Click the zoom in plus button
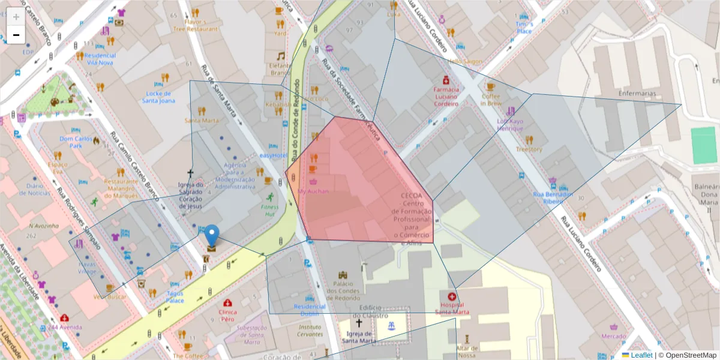(16, 17)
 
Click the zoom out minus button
(16, 35)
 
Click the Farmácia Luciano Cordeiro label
(446, 97)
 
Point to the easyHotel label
(274, 155)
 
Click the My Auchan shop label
(313, 191)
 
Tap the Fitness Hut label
(269, 210)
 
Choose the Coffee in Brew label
(490, 99)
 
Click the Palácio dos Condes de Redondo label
(343, 290)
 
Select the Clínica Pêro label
(227, 316)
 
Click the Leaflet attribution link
(641, 355)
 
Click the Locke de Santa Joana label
(158, 97)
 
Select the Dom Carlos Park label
(75, 142)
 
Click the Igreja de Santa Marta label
(359, 337)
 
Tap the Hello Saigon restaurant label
(464, 61)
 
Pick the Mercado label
(614, 336)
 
